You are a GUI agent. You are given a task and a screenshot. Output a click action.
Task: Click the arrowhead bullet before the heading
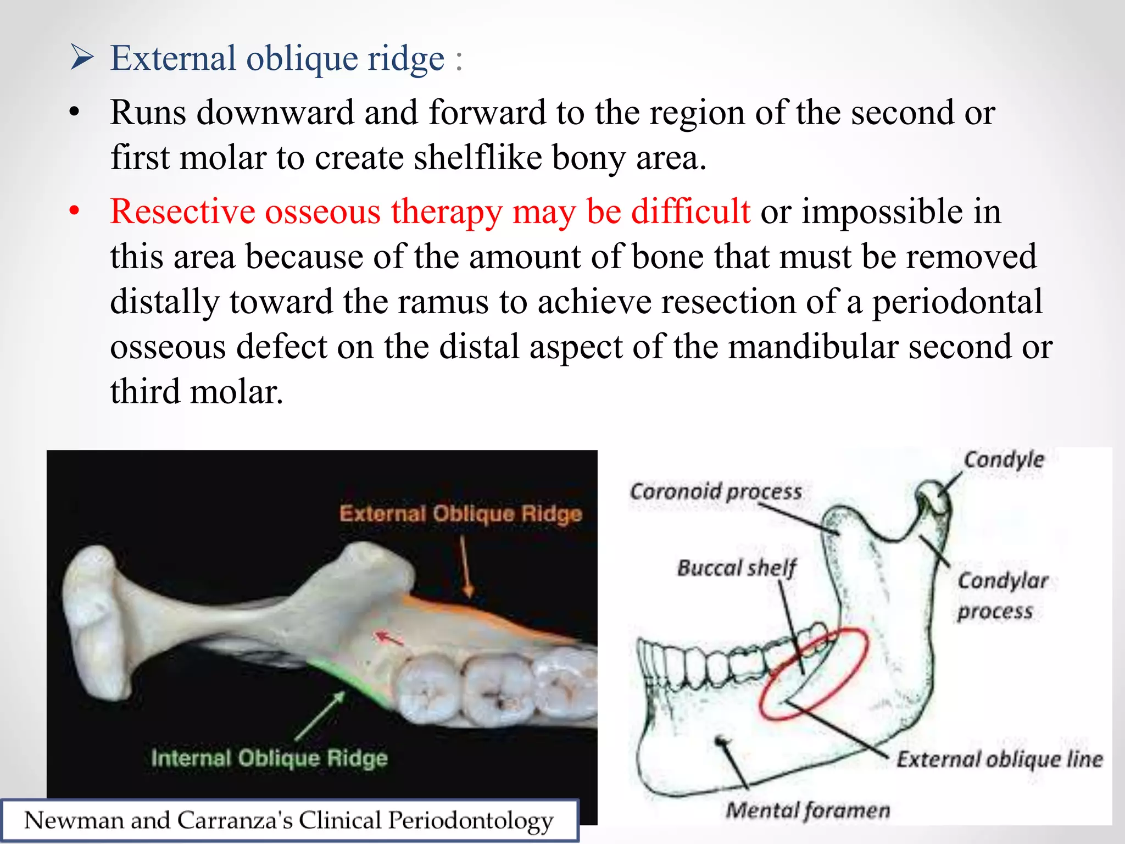point(82,58)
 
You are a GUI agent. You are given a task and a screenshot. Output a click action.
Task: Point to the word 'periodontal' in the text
point(956,302)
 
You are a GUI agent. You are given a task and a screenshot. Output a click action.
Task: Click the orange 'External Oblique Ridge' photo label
point(460,514)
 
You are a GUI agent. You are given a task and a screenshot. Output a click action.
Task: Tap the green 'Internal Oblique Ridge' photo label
point(269,758)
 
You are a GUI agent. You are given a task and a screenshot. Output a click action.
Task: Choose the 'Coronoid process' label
point(716,491)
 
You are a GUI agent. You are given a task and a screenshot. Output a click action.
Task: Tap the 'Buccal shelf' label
point(737,568)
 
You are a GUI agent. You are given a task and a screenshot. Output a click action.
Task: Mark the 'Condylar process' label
point(1002,596)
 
